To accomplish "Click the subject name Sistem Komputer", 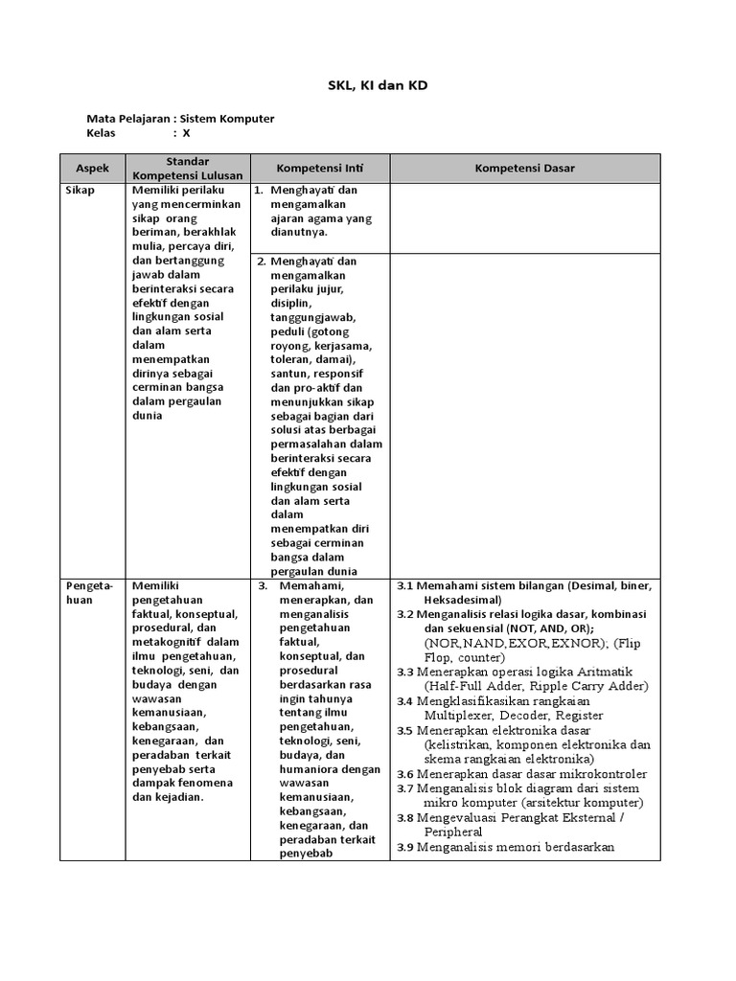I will pos(230,119).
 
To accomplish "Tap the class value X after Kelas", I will pos(187,133).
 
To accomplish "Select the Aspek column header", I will pos(93,169).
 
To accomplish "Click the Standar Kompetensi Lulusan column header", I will pos(187,169).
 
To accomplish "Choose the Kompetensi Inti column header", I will pos(319,169).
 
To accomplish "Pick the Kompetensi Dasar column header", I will pos(524,169).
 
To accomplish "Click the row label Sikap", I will pos(80,191).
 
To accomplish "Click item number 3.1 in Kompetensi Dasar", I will pos(404,585).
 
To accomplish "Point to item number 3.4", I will pos(404,701).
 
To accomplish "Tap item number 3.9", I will pos(404,847).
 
